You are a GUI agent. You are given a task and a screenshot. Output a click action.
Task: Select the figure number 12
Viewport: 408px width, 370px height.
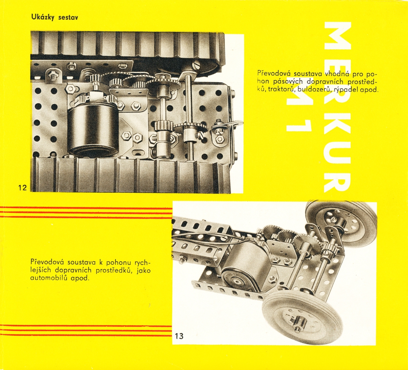click(x=22, y=187)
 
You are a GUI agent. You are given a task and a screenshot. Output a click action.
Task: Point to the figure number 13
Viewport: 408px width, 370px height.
click(x=179, y=336)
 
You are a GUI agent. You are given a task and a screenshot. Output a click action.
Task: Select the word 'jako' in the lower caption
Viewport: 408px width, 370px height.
click(x=143, y=270)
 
